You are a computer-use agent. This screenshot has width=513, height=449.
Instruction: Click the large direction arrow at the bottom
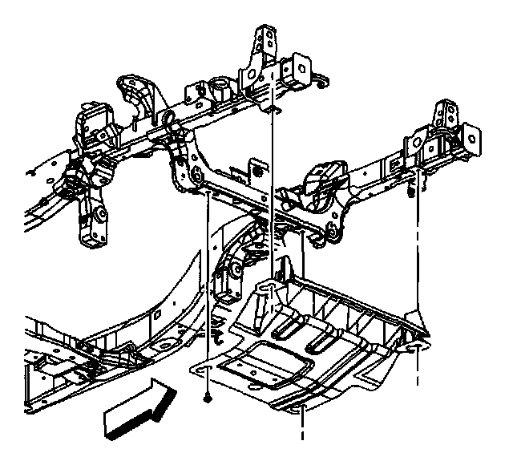click(x=140, y=407)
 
